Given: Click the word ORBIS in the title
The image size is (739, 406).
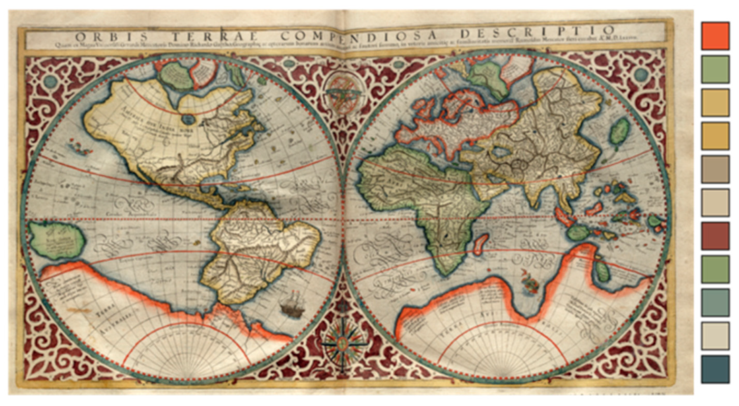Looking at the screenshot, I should [x=111, y=37].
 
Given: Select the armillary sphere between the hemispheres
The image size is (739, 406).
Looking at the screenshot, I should [x=343, y=91].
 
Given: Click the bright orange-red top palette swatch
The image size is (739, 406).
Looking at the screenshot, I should [x=715, y=36].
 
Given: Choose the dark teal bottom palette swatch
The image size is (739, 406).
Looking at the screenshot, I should [x=715, y=369].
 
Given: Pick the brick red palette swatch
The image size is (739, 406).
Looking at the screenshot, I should [x=715, y=236].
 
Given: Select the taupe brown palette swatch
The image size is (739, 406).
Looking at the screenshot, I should [x=715, y=169].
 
